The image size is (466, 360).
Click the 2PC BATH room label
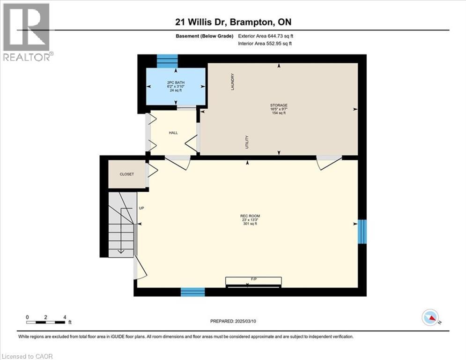point(176,82)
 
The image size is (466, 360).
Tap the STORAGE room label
point(279,105)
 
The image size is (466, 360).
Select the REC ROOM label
point(250,216)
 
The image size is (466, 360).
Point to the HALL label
point(173,133)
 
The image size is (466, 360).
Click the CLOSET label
point(127,174)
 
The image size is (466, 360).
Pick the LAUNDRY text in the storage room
point(233,82)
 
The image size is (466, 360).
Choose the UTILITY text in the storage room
point(247,142)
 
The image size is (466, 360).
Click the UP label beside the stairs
point(141,208)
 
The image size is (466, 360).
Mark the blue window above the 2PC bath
point(167,61)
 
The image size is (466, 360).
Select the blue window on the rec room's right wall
point(362,232)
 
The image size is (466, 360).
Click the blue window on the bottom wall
point(192,292)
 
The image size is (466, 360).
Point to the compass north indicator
point(430,317)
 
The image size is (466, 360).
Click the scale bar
point(45,322)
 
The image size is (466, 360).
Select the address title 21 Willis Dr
point(201,22)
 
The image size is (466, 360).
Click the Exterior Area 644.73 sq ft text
point(266,36)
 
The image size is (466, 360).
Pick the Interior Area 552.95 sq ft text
point(265,44)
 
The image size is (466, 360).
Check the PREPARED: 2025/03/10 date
point(233,321)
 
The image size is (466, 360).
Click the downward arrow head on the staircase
point(121,251)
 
